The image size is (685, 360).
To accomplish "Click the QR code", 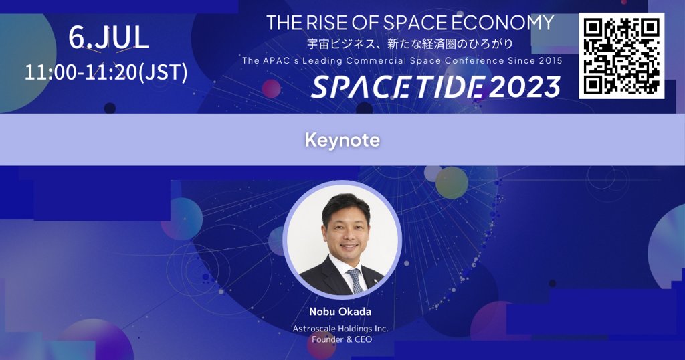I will [621, 56].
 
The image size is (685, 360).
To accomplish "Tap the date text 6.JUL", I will [108, 37].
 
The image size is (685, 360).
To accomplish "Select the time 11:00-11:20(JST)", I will [106, 72].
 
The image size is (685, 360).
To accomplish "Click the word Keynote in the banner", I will [342, 140].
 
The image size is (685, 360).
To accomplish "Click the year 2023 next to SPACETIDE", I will [524, 87].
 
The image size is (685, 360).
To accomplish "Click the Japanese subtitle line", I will [410, 44].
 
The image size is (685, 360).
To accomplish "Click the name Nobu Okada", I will [340, 312].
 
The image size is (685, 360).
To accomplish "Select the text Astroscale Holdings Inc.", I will [340, 329].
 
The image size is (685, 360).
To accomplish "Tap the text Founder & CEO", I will [340, 339].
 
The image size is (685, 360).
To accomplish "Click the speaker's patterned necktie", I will [354, 280].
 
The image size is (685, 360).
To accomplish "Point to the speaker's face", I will [346, 232].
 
